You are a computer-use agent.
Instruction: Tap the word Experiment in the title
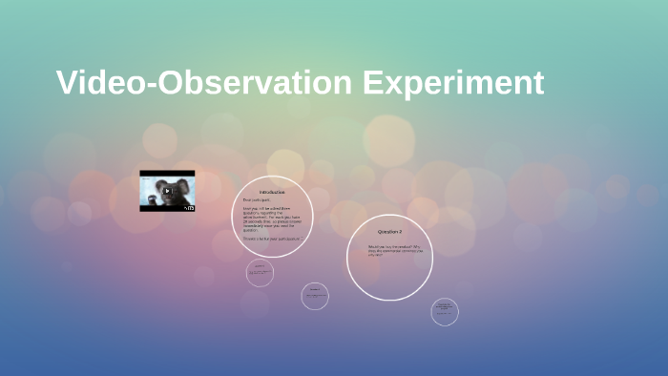453,83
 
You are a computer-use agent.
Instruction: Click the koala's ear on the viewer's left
151,182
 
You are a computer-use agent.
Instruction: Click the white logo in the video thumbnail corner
189,206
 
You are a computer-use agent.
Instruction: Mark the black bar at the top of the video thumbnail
167,173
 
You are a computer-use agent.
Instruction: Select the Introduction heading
272,192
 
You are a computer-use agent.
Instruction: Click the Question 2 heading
389,232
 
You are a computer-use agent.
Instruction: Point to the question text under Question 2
387,250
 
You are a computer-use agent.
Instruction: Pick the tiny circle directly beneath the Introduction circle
259,273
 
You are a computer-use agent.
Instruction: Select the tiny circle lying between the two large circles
315,297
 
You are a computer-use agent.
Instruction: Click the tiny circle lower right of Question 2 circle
444,311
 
